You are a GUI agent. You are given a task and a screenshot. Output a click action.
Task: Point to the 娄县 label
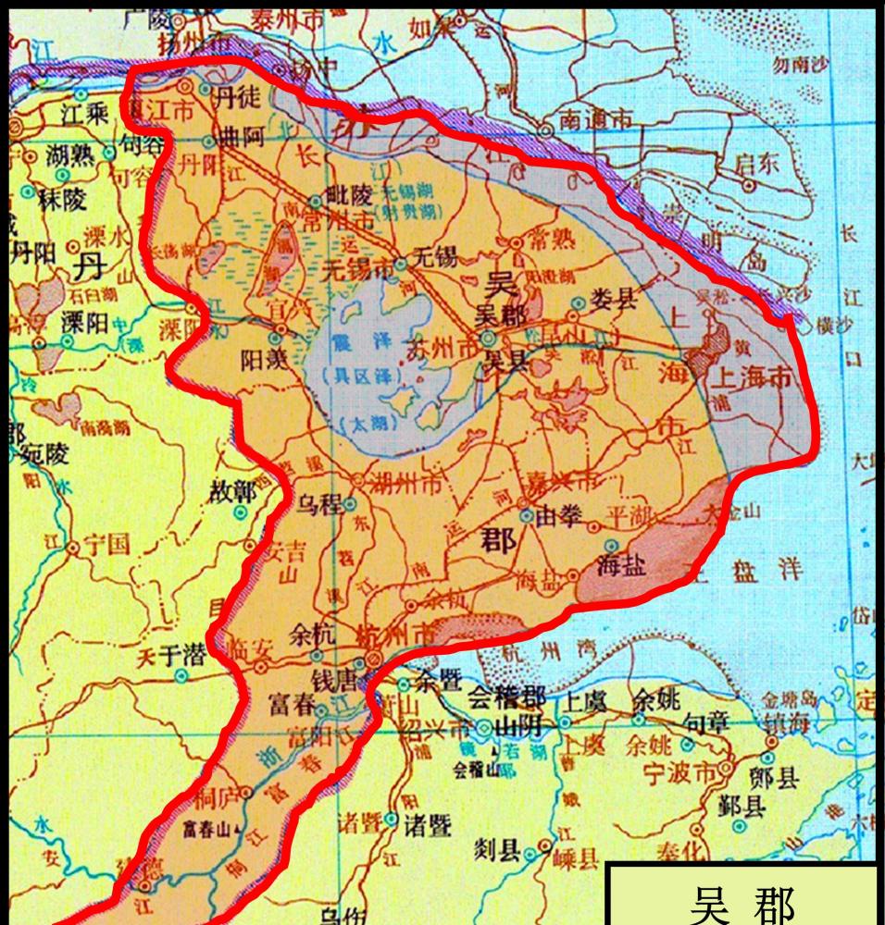616,299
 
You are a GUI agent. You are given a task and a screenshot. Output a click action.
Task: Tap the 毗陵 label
348,195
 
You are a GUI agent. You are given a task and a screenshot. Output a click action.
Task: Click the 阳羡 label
262,358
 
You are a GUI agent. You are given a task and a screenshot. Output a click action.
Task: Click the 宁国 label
106,545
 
